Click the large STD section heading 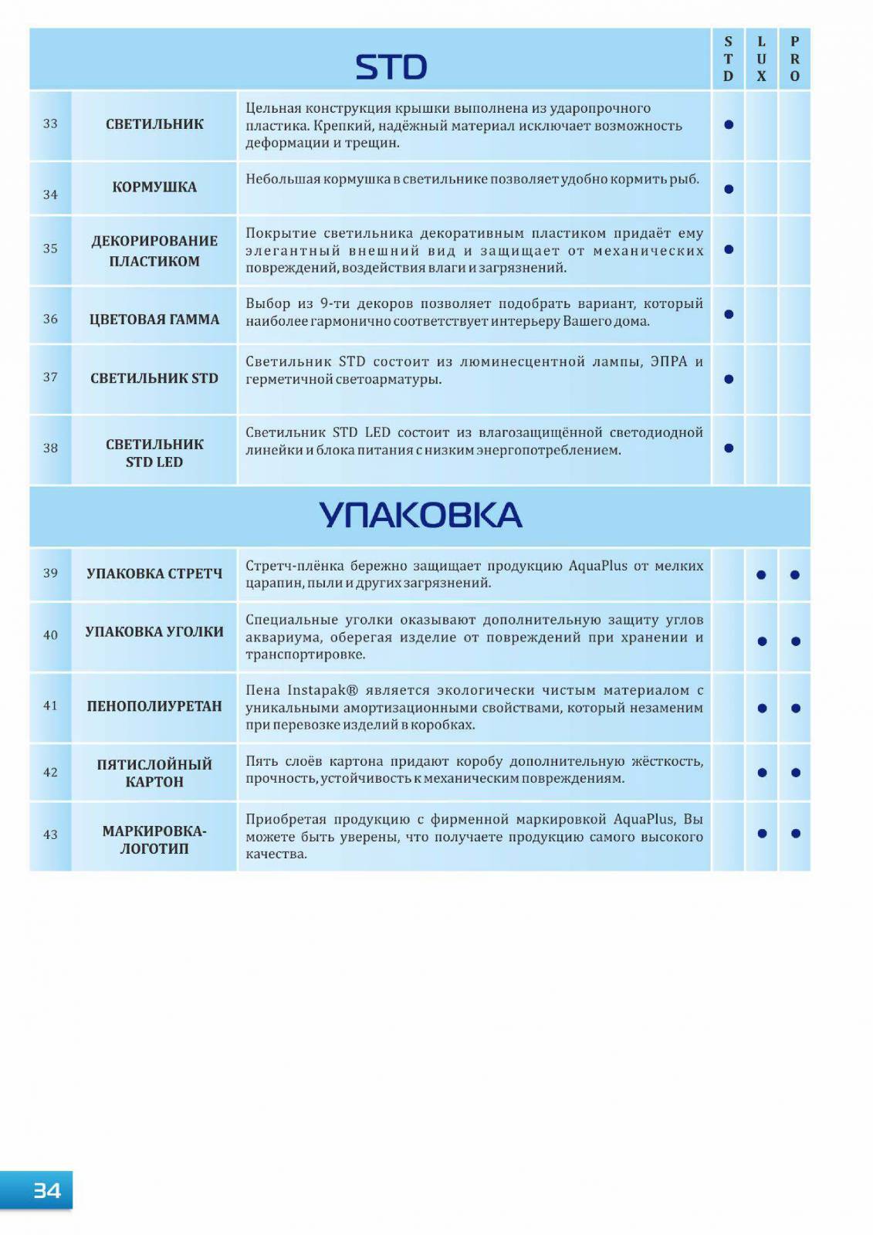(391, 67)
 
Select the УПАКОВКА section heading (420, 516)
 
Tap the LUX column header (761, 59)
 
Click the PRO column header (794, 59)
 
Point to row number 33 (50, 123)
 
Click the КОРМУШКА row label (154, 187)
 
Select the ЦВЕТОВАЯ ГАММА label (154, 319)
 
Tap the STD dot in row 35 (728, 249)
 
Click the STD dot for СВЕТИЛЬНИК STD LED (728, 448)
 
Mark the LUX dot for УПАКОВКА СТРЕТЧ (761, 575)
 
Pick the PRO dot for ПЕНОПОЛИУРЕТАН (795, 709)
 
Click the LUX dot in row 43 (762, 834)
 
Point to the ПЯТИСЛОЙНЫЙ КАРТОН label (154, 773)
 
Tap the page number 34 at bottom (46, 1190)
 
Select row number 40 (50, 634)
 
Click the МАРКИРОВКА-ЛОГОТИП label (154, 839)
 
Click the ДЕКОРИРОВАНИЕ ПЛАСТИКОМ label (154, 251)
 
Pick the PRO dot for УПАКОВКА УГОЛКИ (795, 641)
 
